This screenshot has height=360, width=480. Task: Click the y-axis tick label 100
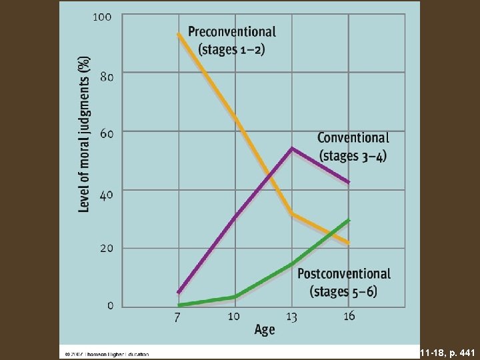102,16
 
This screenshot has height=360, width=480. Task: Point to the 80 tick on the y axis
105,76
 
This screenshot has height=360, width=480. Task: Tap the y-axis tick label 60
105,133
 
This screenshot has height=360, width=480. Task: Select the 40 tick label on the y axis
105,193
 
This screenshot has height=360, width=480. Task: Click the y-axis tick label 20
105,248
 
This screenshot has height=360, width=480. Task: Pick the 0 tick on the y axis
109,305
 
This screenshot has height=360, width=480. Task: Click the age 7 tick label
177,317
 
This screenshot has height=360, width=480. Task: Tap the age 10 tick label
234,316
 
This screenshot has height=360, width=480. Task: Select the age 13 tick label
291,316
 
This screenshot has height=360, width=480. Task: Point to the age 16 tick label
349,316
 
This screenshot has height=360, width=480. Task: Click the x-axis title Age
264,331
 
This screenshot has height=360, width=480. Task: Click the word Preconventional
231,31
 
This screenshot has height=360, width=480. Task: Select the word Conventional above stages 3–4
353,138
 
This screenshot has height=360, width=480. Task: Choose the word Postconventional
343,273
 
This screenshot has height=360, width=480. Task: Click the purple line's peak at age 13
292,148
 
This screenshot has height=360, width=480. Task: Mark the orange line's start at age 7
178,34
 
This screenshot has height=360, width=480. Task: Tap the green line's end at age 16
349,220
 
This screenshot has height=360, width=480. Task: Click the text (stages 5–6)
343,291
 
